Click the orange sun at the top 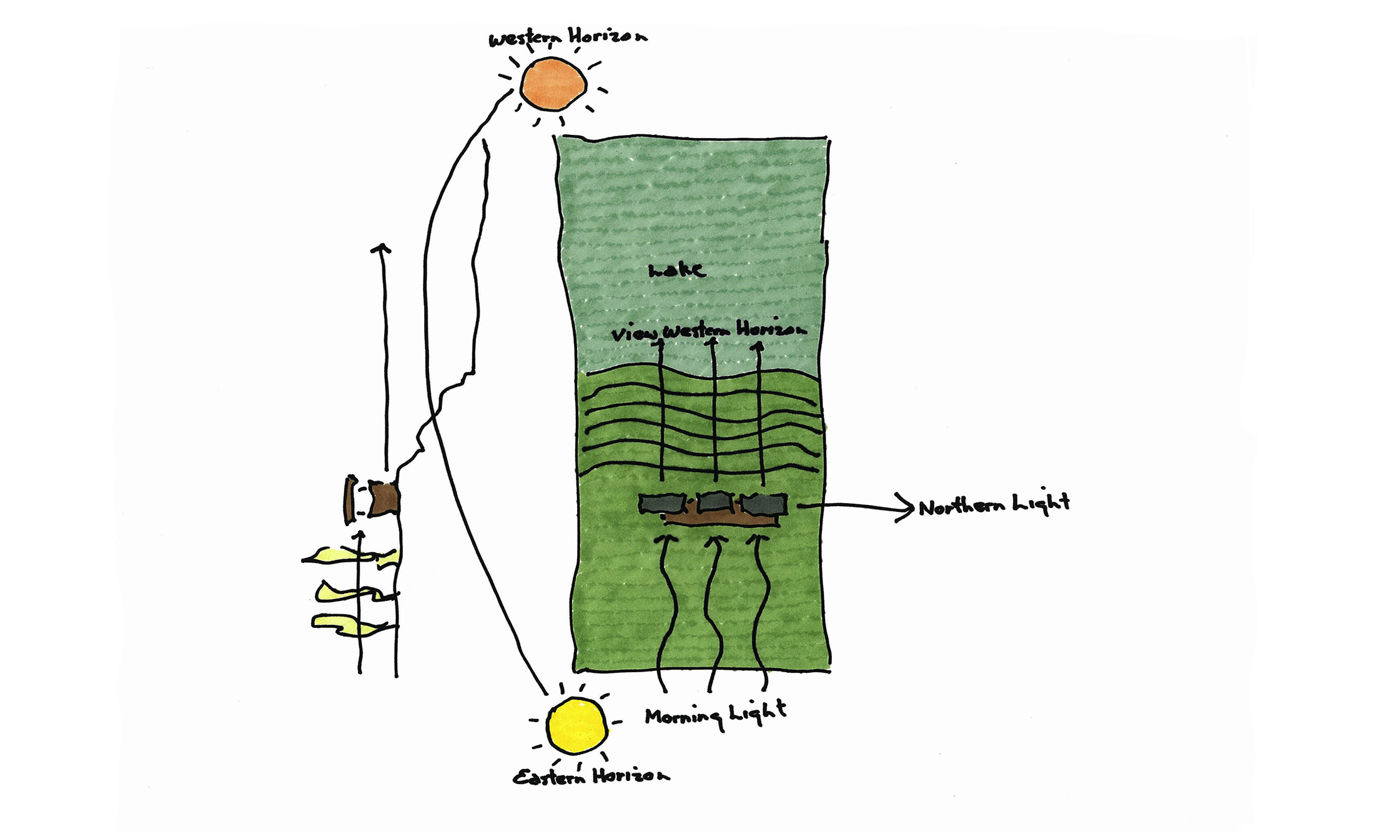point(553,84)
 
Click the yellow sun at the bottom point(577,725)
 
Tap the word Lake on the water point(677,270)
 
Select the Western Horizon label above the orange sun point(568,38)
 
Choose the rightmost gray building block point(764,504)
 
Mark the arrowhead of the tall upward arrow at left point(381,248)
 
